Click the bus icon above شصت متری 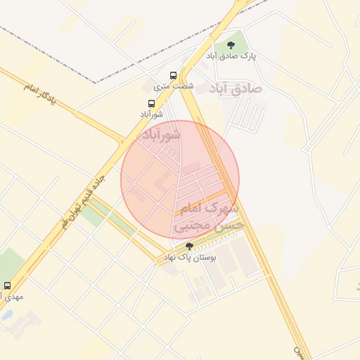174,75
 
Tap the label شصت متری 174,86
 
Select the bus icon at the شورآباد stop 150,103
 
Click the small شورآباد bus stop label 151,114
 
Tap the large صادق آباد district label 236,89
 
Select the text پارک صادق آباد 231,56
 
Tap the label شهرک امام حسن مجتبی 210,217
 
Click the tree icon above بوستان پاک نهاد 189,245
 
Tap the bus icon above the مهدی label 8,286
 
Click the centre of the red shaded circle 180,180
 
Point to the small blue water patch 6,315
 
